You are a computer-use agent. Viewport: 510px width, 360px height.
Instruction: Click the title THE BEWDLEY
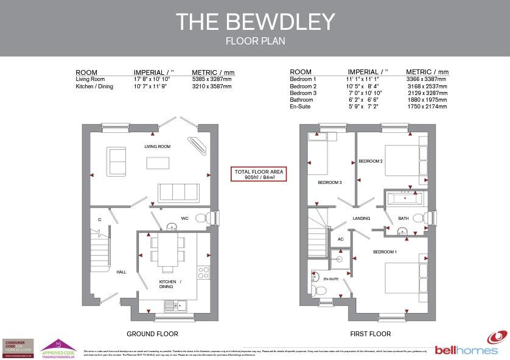tap(255, 21)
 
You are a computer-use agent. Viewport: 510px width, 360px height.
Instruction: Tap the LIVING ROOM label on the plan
tap(157, 147)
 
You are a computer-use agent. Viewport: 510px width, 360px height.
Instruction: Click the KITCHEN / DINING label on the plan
tap(170, 284)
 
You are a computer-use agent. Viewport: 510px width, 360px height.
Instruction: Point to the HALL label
tap(121, 272)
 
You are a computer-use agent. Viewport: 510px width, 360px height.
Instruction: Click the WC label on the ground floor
tap(185, 219)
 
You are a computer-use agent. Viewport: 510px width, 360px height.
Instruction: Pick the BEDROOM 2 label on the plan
tap(370, 161)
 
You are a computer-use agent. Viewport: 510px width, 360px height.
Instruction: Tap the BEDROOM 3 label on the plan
tap(330, 182)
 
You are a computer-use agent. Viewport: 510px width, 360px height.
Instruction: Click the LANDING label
tap(361, 218)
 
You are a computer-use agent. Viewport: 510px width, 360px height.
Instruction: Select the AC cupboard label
tap(341, 239)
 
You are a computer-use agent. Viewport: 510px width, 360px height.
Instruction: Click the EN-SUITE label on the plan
tap(330, 278)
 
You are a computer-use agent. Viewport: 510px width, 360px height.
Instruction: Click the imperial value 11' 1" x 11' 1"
tap(363, 79)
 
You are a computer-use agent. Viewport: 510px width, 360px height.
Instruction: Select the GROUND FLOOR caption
tap(152, 334)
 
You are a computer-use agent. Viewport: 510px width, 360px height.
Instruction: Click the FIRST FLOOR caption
tap(370, 334)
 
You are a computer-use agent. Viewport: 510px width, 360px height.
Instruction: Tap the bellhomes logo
tap(467, 345)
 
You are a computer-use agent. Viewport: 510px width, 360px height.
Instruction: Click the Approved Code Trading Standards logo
tap(59, 347)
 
